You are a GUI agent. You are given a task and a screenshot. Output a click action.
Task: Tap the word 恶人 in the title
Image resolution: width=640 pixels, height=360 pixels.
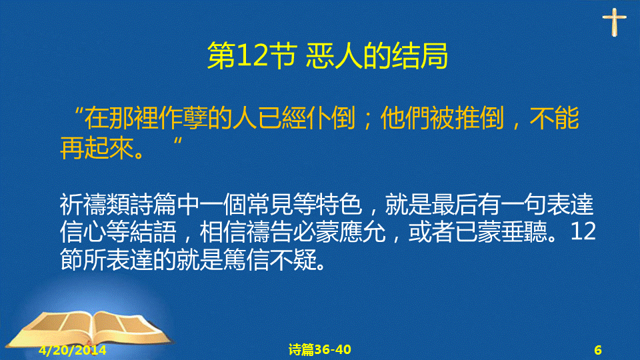click(x=334, y=56)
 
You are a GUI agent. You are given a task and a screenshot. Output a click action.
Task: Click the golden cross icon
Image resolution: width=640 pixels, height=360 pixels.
click(x=614, y=23)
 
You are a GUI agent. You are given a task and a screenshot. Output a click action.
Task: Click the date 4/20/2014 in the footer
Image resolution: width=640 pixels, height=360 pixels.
click(x=73, y=350)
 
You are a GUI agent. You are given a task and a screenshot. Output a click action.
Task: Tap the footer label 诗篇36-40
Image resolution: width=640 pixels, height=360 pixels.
click(x=319, y=350)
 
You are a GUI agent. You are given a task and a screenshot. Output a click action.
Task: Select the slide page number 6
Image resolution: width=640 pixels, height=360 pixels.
click(x=598, y=350)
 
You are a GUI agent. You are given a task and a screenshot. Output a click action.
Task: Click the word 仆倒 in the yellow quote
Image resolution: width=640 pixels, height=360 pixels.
click(x=331, y=119)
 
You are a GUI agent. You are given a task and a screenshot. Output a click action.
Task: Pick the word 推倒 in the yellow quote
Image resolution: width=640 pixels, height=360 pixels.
click(x=479, y=119)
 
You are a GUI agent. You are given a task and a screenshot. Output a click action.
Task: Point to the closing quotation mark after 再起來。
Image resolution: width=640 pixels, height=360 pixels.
click(x=177, y=141)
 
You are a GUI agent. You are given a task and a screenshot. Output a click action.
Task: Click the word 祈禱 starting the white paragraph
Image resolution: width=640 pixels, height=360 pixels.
click(x=83, y=205)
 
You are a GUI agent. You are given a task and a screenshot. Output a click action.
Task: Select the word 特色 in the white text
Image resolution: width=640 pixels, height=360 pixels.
click(x=339, y=205)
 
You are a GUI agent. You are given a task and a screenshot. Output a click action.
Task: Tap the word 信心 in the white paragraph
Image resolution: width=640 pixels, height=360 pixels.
click(x=83, y=232)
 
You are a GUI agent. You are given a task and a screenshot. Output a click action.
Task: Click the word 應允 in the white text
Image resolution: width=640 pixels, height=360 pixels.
click(x=362, y=232)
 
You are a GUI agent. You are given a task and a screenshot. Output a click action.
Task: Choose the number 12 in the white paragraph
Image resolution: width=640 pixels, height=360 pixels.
click(x=583, y=232)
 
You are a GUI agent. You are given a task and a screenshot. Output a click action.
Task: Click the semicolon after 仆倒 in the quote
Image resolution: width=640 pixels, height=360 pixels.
click(x=367, y=121)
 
